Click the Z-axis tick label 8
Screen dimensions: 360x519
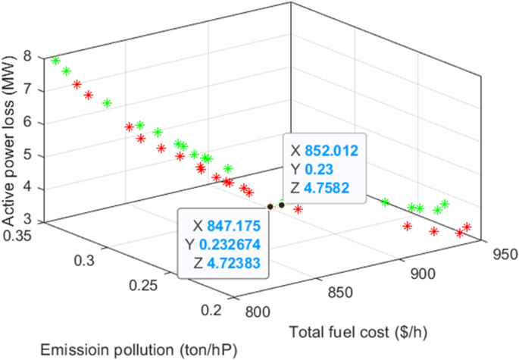[x=27, y=55]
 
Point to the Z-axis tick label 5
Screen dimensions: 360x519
[x=27, y=156]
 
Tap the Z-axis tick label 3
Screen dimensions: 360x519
[x=27, y=222]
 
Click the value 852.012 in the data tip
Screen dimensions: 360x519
[x=326, y=150]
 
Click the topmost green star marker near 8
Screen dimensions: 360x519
[x=55, y=61]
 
